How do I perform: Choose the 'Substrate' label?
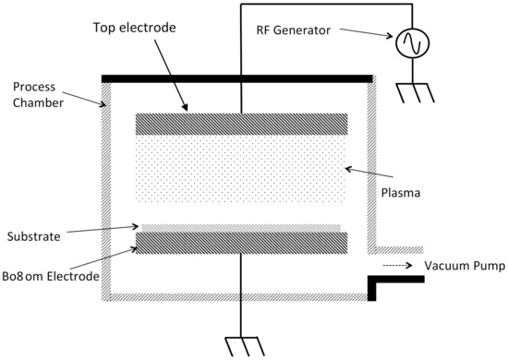[32, 236]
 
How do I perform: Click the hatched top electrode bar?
[241, 125]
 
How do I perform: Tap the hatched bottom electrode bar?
[241, 243]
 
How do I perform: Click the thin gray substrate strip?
[241, 227]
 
